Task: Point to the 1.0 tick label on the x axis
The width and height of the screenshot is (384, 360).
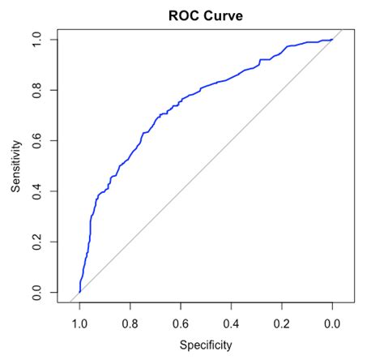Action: coord(79,323)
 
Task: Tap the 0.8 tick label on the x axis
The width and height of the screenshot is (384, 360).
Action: coord(130,323)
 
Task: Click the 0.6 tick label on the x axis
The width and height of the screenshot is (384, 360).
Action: coord(181,323)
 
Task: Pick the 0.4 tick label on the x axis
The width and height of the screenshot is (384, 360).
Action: coord(231,323)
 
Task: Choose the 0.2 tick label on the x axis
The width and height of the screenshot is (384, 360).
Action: coord(282,323)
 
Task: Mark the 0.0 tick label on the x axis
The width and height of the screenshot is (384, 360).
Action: coord(332,323)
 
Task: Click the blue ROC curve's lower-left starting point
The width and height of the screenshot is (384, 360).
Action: coord(79,292)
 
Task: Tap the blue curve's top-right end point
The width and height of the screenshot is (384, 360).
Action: coord(332,40)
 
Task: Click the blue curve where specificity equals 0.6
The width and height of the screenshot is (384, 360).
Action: coord(181,101)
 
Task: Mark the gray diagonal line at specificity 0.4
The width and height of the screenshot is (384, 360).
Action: coord(231,140)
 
